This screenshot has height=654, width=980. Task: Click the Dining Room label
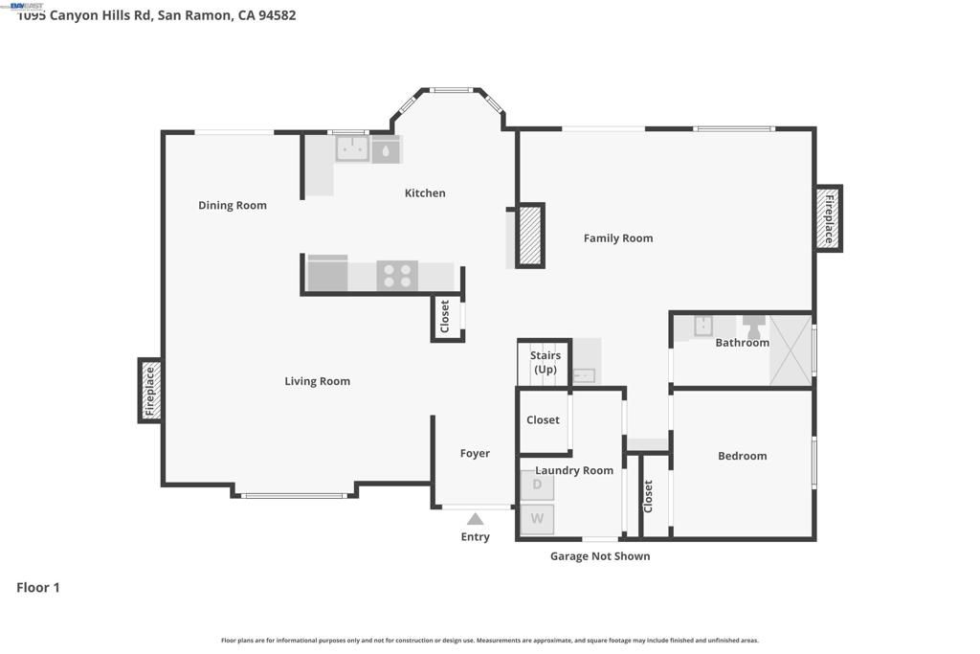(233, 205)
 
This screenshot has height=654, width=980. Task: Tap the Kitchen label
(425, 192)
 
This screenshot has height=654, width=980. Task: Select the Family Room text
(618, 237)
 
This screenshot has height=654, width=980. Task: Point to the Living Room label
(317, 381)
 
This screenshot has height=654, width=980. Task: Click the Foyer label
(475, 453)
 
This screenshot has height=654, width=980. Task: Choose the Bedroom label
(742, 456)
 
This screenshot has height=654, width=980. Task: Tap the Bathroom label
(742, 342)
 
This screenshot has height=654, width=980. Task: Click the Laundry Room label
(574, 470)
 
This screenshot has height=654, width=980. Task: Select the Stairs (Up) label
(546, 362)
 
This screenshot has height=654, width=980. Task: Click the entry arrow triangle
(475, 519)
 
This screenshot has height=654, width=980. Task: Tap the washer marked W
(537, 519)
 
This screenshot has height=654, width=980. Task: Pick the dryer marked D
(537, 485)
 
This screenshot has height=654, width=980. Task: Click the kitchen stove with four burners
(396, 276)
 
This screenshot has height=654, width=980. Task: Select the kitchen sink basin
(351, 148)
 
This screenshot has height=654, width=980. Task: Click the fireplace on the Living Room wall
(149, 391)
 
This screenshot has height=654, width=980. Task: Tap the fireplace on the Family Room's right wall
(829, 218)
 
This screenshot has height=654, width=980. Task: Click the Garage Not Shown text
(600, 555)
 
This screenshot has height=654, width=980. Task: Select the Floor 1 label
(38, 587)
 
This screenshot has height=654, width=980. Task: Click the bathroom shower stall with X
(791, 349)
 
